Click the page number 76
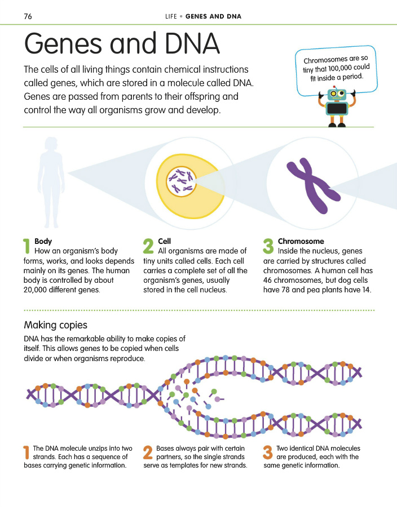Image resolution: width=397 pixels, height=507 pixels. pos(28,16)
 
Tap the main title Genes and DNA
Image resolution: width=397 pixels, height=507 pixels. pos(121,44)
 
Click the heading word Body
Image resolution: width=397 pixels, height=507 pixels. pos(43,241)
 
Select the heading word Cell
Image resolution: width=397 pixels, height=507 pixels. pos(165,241)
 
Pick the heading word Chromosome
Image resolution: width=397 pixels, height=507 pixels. pos(301,241)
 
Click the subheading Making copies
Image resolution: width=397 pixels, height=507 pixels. pos(55,325)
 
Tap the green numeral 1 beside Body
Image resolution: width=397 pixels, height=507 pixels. pos(27,246)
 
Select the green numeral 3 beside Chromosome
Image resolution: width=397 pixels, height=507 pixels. pos(268,246)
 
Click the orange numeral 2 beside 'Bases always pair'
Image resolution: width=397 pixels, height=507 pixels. pos(148,453)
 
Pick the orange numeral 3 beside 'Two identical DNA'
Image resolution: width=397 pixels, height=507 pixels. pos(268,453)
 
